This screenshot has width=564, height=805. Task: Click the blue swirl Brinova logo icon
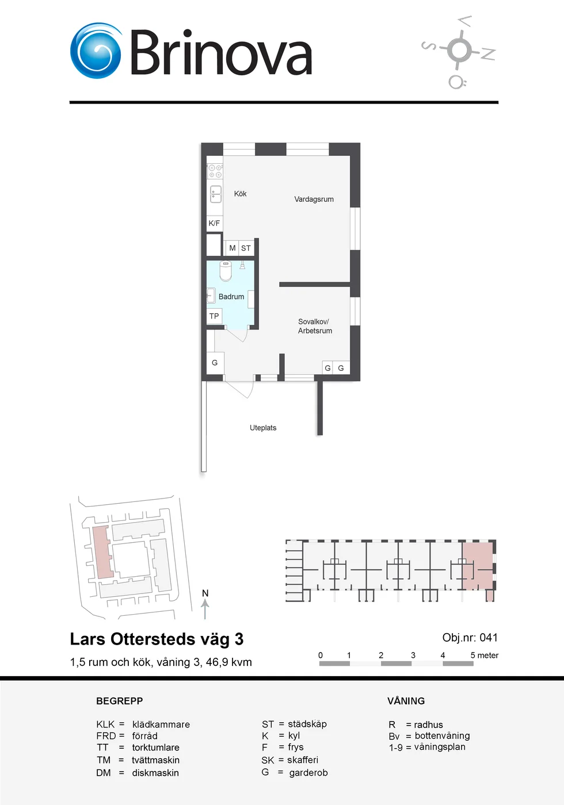coord(96,51)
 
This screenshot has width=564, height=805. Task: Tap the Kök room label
coord(241,194)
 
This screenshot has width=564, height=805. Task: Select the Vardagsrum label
coord(314,199)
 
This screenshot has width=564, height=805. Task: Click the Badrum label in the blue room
coord(231,297)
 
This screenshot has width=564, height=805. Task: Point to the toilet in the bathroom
coord(226,271)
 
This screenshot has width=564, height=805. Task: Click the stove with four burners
coord(215,171)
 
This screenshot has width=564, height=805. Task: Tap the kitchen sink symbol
coord(215,194)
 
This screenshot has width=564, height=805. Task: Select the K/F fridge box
coord(214,223)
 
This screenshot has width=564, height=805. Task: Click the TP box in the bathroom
coord(214,316)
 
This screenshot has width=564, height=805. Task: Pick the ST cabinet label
coord(246,248)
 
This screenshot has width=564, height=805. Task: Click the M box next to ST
coord(232,248)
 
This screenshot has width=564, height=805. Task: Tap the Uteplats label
coord(263,428)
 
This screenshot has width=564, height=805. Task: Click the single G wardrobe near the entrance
coord(215,363)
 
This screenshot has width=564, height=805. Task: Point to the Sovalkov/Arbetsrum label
coord(315,326)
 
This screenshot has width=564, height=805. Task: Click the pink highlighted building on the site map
coord(103,553)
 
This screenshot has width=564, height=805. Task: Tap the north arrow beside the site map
coord(205,610)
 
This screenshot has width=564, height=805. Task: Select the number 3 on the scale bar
coord(413,655)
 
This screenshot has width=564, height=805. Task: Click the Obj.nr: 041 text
coord(470,638)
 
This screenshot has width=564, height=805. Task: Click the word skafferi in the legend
coord(303,760)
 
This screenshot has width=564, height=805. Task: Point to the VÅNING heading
coord(406,701)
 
